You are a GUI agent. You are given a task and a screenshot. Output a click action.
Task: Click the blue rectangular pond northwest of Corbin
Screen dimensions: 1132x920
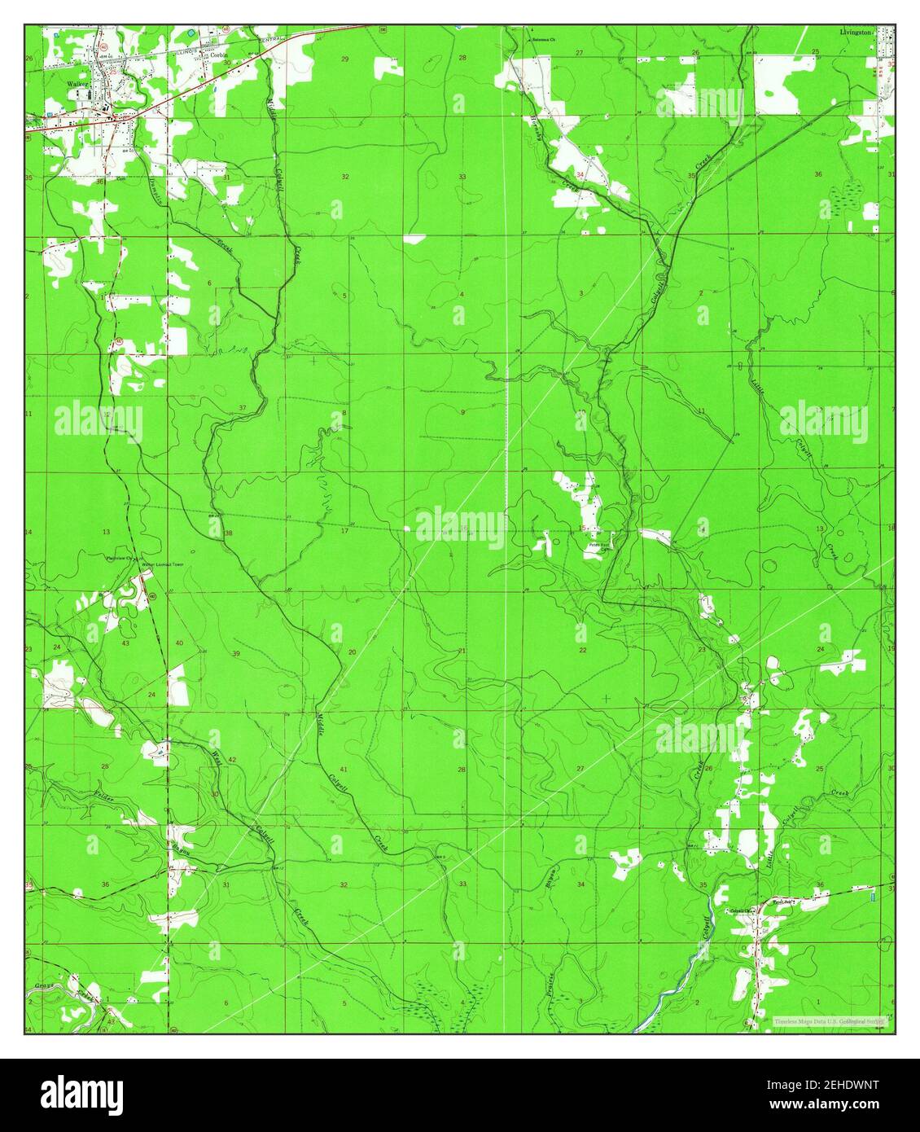point(191,32)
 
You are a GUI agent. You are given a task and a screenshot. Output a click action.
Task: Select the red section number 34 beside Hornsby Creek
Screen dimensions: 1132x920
point(580,175)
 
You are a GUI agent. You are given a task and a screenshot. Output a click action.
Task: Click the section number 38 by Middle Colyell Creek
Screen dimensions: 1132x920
point(229,533)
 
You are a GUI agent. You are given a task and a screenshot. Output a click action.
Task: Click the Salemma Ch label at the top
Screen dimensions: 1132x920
point(543,38)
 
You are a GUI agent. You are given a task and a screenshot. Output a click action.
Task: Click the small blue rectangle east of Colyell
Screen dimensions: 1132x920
point(873,896)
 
